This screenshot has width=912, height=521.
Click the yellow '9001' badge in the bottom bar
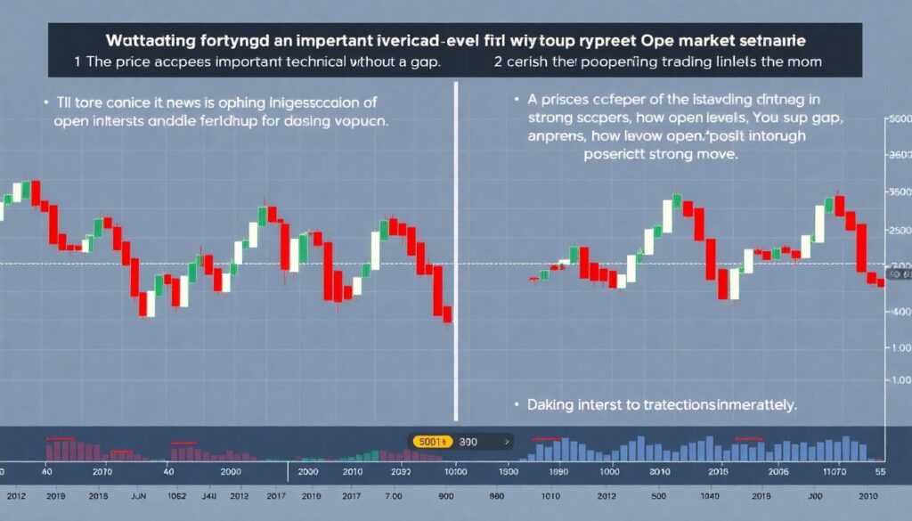pos(432,440)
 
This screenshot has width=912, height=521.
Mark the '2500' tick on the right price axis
pos(900,231)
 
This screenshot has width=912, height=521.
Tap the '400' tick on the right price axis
pos(900,312)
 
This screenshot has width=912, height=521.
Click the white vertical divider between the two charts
pos(456,249)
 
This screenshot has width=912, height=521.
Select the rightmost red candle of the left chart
pos(447,313)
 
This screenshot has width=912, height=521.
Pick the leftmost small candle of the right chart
pos(533,278)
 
